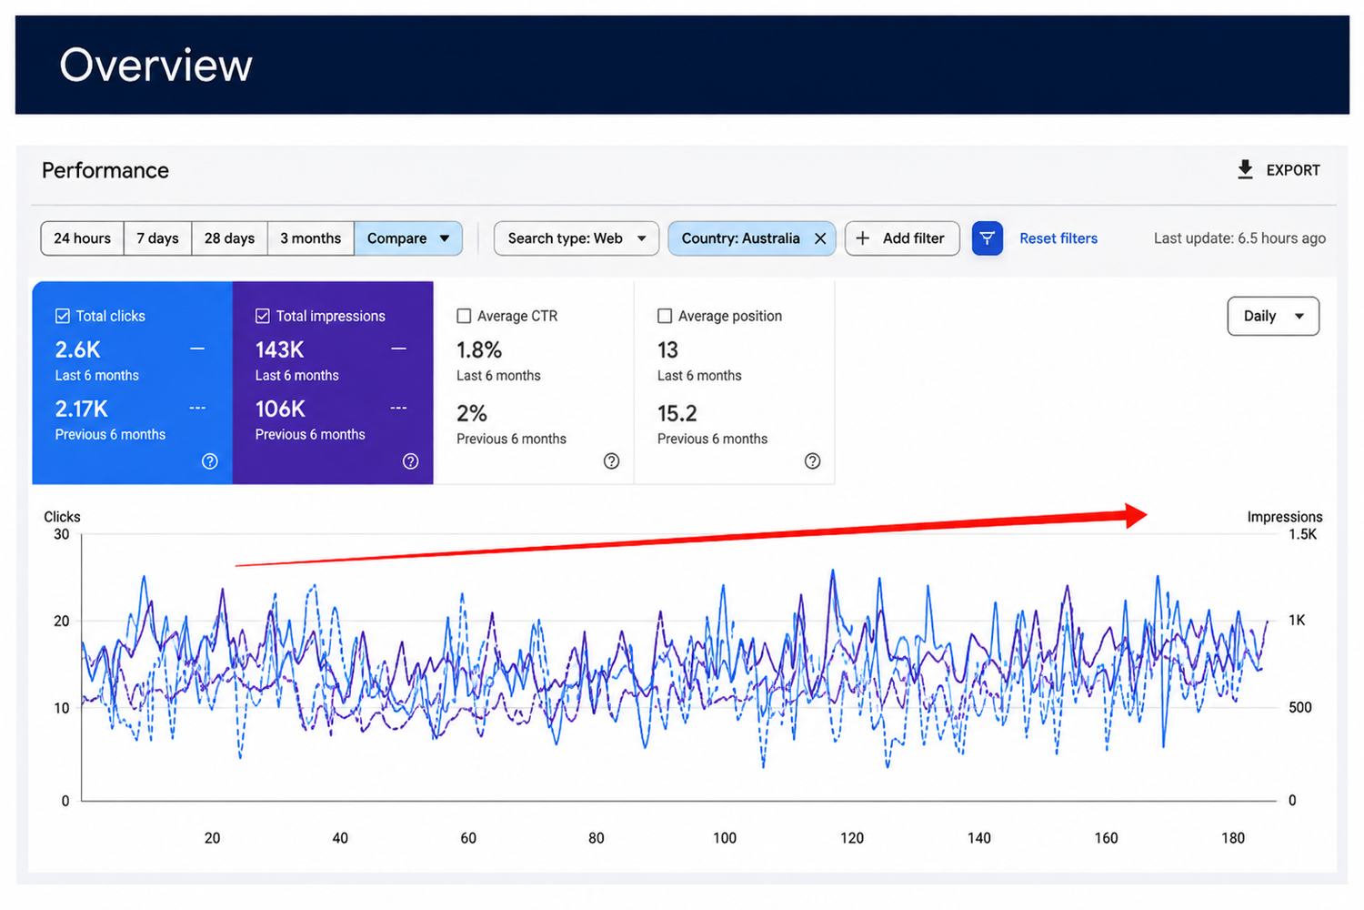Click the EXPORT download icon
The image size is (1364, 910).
(1245, 169)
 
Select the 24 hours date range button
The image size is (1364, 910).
(82, 238)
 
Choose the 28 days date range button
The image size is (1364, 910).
(229, 238)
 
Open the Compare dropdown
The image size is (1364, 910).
(408, 238)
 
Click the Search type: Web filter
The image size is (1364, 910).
(576, 238)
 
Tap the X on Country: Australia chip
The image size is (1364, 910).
(820, 238)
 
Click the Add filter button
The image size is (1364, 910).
(902, 238)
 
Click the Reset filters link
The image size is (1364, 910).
(1058, 238)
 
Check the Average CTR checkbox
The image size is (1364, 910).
(464, 316)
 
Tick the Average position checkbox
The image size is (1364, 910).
(665, 316)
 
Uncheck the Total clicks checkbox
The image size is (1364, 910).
(63, 316)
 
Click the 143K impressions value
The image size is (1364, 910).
(279, 349)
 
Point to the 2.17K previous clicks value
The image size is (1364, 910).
(82, 409)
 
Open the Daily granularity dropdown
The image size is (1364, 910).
(1273, 316)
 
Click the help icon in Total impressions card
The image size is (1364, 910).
(410, 461)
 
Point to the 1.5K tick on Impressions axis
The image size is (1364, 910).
(1302, 534)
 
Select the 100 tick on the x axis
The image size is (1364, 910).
(725, 838)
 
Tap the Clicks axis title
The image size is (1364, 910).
(62, 517)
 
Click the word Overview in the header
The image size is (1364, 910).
(155, 65)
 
